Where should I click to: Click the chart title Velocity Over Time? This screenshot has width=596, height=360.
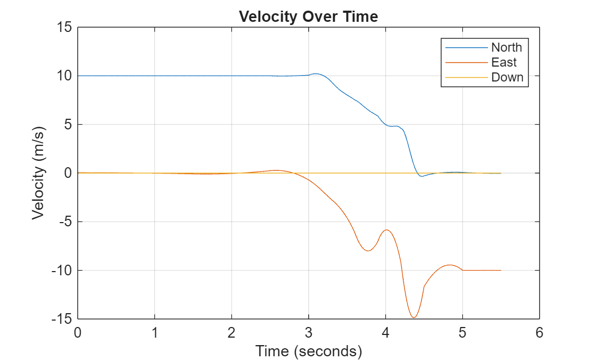pos(308,17)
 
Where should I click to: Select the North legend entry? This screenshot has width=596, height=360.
pos(506,47)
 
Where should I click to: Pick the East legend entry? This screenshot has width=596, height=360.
pos(503,62)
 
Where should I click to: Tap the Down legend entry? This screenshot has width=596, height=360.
pos(507,77)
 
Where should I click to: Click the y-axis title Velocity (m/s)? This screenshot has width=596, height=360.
pos(38,173)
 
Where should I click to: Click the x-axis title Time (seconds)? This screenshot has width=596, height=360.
pos(308,351)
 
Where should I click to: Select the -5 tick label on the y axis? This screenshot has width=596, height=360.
pos(64,222)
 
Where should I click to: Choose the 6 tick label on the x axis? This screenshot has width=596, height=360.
pos(539,333)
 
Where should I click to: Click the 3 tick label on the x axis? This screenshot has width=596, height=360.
pos(309,333)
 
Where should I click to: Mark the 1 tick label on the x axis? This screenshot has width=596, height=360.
pos(155,333)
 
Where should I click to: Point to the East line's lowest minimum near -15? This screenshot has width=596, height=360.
pos(413,317)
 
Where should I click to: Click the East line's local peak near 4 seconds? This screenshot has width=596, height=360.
pos(386,230)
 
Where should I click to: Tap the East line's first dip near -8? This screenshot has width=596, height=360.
pos(368,250)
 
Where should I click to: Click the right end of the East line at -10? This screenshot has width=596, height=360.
pos(501,270)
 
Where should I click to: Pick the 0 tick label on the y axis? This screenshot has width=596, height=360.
pos(68,173)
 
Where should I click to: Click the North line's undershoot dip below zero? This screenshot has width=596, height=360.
pos(421,176)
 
